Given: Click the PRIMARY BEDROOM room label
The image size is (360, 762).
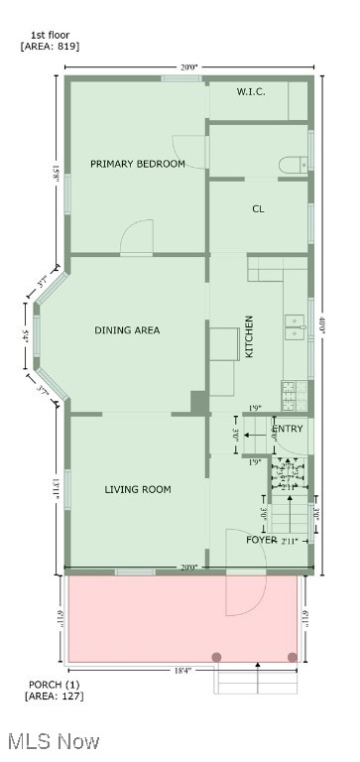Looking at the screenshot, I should tap(138, 164).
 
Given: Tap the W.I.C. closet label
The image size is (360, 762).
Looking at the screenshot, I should tap(251, 92).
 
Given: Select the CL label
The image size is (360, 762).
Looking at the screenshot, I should tap(258, 209).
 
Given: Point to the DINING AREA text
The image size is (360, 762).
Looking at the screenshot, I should tap(127, 330).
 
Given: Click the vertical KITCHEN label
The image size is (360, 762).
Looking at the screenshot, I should tap(250, 336).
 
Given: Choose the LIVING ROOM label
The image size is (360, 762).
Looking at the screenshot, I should tap(138, 489).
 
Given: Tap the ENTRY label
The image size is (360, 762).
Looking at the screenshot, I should tap(288, 429).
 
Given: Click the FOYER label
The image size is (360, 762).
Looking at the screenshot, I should tap(262, 540).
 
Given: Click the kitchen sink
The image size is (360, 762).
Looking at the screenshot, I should tap(295, 327).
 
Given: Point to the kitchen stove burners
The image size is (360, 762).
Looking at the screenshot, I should tap(291, 396).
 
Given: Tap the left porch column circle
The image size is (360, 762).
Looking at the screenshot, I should tap(217, 657).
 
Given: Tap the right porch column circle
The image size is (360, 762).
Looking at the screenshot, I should tap(292, 657).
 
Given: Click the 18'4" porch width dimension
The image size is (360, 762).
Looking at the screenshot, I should tap(183, 671).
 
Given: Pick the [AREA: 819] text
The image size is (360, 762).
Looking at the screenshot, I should tap(50, 47).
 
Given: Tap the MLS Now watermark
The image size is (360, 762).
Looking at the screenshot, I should tap(52, 741).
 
